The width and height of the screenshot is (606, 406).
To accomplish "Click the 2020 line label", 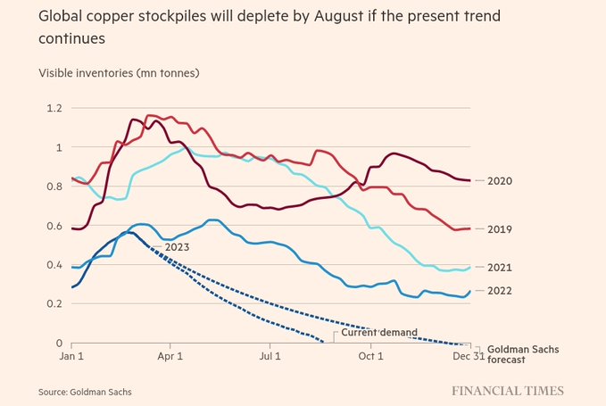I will pos(502,181).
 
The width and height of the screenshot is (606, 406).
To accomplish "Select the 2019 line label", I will pos(502,229).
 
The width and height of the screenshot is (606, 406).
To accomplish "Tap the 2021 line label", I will pos(502,268).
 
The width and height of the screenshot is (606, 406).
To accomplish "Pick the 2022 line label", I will pos(502,291).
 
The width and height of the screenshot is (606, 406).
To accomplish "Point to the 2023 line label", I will pos(177,245).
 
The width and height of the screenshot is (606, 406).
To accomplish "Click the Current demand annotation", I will pos(379,333).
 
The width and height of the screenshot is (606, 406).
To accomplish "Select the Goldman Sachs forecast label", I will pos(523,353).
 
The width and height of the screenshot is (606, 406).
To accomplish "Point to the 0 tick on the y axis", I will pos(59,344).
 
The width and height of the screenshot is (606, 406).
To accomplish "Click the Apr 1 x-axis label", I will pos(170,356).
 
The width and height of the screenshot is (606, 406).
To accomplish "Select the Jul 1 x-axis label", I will pos(270,356).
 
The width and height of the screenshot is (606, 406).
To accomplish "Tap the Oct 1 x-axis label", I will pos(369,356).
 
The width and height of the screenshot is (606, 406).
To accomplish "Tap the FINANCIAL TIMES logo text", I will pos(507,391).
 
